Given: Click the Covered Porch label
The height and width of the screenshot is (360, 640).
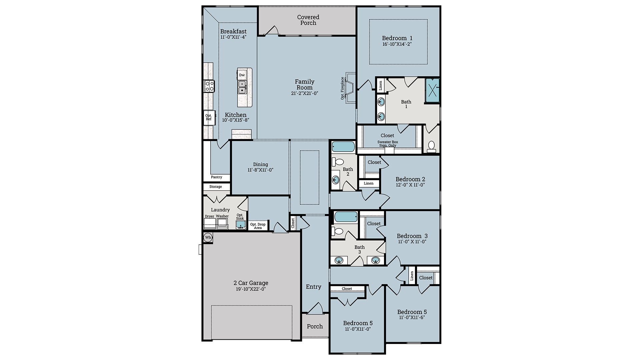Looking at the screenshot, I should point(308,20).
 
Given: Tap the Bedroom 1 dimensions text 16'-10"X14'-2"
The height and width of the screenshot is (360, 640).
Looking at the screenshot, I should point(397,44).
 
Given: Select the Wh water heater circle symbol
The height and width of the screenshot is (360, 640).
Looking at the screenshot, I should point(208,237).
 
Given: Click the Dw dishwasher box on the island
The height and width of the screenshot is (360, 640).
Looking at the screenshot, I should point(242,75).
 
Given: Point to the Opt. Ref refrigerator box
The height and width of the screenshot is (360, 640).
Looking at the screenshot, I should point(209,117).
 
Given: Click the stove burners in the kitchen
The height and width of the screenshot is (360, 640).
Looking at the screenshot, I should point(209,86).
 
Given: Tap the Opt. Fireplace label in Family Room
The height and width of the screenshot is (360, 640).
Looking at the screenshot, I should point(342,88).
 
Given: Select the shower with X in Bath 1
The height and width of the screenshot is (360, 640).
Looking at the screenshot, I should point(432,90).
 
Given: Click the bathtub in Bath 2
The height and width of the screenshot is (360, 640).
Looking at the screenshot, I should point(343,147).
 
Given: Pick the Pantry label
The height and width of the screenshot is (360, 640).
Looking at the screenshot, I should point(216,177).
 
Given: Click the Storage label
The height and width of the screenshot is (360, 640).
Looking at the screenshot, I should point(216,187).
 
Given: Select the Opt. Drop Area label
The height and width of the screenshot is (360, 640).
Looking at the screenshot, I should point(258,226).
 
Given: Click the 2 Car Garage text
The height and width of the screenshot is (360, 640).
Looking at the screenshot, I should point(251,283).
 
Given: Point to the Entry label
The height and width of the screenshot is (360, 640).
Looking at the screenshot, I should point(313,287).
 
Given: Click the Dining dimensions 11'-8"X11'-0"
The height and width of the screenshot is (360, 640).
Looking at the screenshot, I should point(260,170).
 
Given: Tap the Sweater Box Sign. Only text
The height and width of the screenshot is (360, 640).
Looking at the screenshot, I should point(388,144).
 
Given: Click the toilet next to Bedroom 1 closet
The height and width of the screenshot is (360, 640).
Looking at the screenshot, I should point(431,146).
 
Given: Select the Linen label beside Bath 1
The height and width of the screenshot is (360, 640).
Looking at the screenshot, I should point(381,86).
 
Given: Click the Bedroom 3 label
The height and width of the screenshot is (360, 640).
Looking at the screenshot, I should point(412,236).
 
